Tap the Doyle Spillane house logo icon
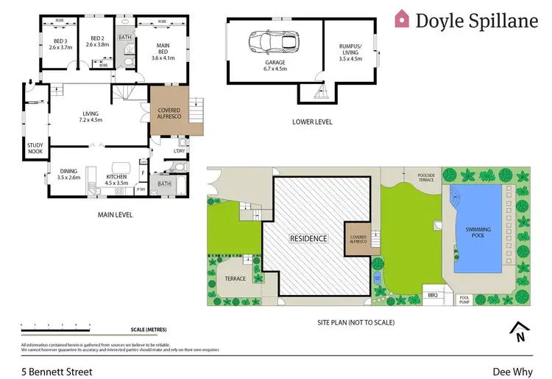[x=403, y=18]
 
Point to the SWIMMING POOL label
[x=478, y=234]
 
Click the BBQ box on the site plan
[x=432, y=295]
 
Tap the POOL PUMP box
[x=464, y=300]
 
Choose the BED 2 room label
[x=99, y=43]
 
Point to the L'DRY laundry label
[x=179, y=151]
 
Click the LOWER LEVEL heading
[x=312, y=121]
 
